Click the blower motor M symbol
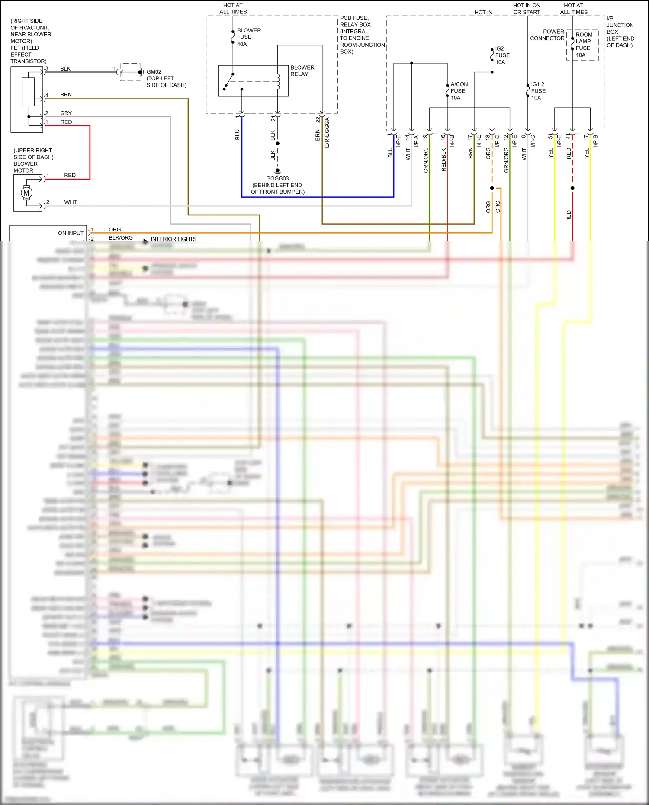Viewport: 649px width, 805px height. coord(26,193)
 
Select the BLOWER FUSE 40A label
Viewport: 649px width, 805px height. coord(248,37)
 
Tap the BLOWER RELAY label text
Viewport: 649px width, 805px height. coord(302,71)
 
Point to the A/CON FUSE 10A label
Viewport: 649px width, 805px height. coord(458,91)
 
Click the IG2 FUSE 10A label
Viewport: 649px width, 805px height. coord(502,55)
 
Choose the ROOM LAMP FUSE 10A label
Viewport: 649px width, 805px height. coord(583,45)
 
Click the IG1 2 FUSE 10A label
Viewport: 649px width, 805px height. coord(538,91)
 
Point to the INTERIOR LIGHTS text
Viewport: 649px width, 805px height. coord(173,239)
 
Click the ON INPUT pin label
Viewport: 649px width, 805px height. coord(71,233)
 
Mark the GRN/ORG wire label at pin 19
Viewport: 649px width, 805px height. coord(426,160)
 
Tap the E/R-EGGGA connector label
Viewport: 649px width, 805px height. coord(327,132)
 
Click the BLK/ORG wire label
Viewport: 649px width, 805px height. coord(120,238)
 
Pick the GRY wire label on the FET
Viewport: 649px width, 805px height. coord(66,113)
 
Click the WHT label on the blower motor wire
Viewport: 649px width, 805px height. coord(70,202)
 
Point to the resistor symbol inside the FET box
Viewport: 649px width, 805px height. coord(28,92)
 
